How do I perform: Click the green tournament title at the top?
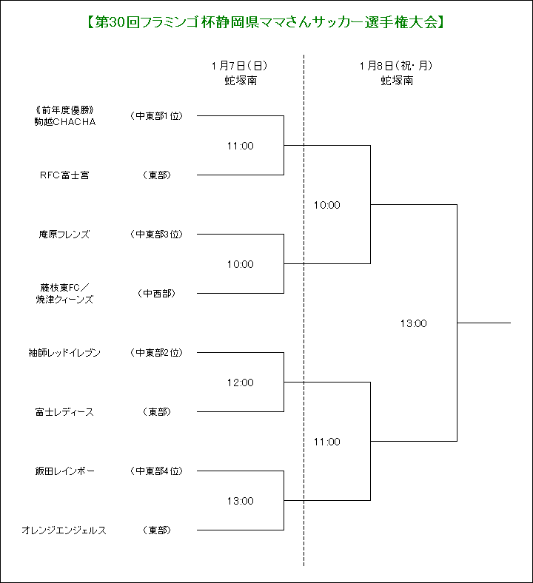click(265, 23)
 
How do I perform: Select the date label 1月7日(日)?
click(240, 66)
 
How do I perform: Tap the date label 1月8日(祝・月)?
click(397, 66)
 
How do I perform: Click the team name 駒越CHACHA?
click(65, 122)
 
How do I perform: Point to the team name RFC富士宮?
click(64, 175)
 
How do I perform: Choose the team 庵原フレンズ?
click(64, 235)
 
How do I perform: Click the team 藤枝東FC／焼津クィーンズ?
click(64, 294)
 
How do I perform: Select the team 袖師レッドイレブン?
click(64, 352)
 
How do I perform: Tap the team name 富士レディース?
click(64, 412)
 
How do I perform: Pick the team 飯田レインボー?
click(64, 471)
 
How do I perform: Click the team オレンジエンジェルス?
click(64, 530)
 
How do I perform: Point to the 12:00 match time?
click(241, 383)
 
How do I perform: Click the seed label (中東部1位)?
click(157, 116)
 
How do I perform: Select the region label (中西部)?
click(157, 294)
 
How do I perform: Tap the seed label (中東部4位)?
click(157, 471)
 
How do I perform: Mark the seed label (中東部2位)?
click(157, 352)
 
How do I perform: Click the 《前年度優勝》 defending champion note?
click(64, 110)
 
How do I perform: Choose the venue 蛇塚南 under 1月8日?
click(397, 81)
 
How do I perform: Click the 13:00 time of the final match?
click(414, 323)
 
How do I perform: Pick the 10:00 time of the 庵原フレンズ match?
click(241, 264)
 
